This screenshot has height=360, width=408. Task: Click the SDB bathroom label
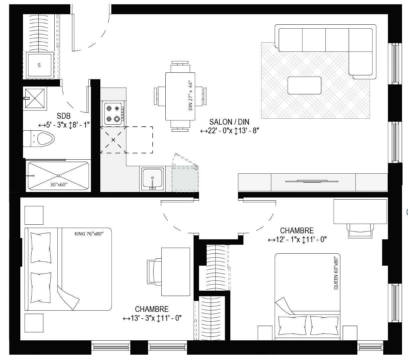pos(64,116)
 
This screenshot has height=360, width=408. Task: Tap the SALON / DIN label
pos(229,122)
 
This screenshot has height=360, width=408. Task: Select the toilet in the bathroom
pos(39,139)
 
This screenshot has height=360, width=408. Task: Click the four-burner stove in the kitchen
pos(113,114)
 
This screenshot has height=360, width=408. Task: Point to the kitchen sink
pos(152,179)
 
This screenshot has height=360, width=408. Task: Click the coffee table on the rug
pos(304,85)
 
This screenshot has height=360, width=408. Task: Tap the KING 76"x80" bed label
pos(89,234)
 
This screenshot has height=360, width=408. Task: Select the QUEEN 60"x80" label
pos(336,273)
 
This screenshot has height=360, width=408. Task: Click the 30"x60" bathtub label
pos(59,185)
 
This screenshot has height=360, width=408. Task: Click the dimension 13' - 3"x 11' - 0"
pos(152,318)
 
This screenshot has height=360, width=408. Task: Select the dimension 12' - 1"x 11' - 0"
pos(297,240)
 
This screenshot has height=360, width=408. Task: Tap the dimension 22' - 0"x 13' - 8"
pos(230,131)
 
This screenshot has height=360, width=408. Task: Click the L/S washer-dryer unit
pos(40,65)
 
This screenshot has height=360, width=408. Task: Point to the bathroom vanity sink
pos(35,98)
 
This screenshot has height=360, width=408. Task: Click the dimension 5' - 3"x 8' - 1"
pos(64,125)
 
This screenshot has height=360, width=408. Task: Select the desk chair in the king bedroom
pos(154,272)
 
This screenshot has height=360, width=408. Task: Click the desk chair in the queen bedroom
pos(360,231)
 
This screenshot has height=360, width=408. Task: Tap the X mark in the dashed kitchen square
pos(113,140)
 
